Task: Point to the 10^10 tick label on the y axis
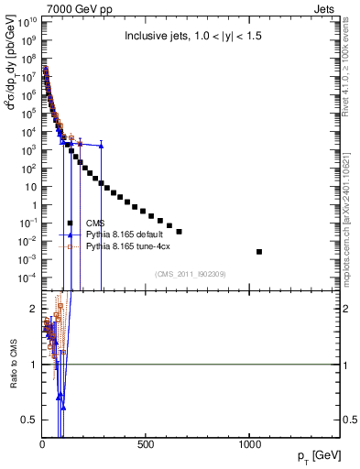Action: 27,22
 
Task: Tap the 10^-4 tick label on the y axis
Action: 27,277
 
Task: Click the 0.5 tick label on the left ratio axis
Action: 29,420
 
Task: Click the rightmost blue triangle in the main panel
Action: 101,145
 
